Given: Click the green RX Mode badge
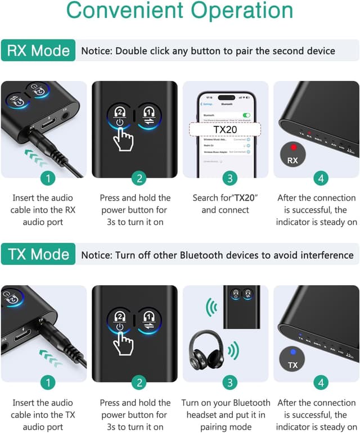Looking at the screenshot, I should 38,51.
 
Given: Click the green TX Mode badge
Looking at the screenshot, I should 38,255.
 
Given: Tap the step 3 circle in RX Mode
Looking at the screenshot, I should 229,178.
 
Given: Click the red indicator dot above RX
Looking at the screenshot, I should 292,147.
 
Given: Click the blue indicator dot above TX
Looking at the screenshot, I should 292,352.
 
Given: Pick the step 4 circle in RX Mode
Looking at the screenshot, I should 319,178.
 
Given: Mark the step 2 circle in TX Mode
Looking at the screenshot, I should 138,383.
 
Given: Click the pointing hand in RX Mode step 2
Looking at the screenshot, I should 125,138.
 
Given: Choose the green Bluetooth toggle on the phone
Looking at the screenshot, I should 245,115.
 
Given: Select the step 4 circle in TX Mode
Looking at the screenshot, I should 319,383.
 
